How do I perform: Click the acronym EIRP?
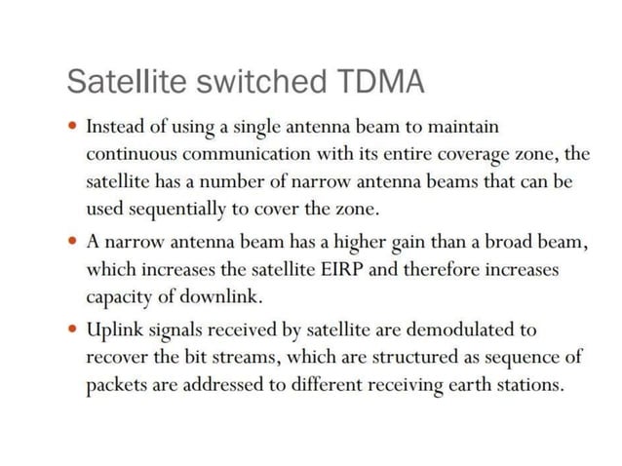[340, 269]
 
